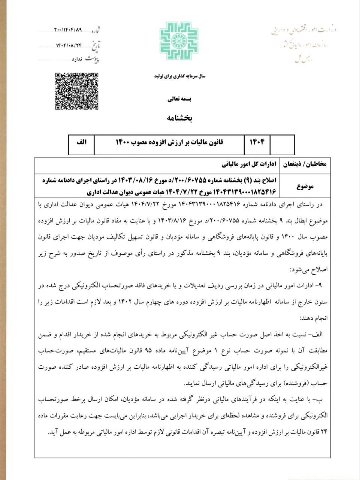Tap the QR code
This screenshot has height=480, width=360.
(77, 91)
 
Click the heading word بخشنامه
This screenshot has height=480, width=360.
(179, 118)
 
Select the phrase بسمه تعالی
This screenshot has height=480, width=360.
(179, 100)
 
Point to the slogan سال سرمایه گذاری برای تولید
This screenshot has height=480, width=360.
(180, 76)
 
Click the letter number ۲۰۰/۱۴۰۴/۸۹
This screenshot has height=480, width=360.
(68, 29)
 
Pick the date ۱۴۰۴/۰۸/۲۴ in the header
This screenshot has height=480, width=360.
(69, 45)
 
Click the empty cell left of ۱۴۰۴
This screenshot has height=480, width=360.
(282, 144)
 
